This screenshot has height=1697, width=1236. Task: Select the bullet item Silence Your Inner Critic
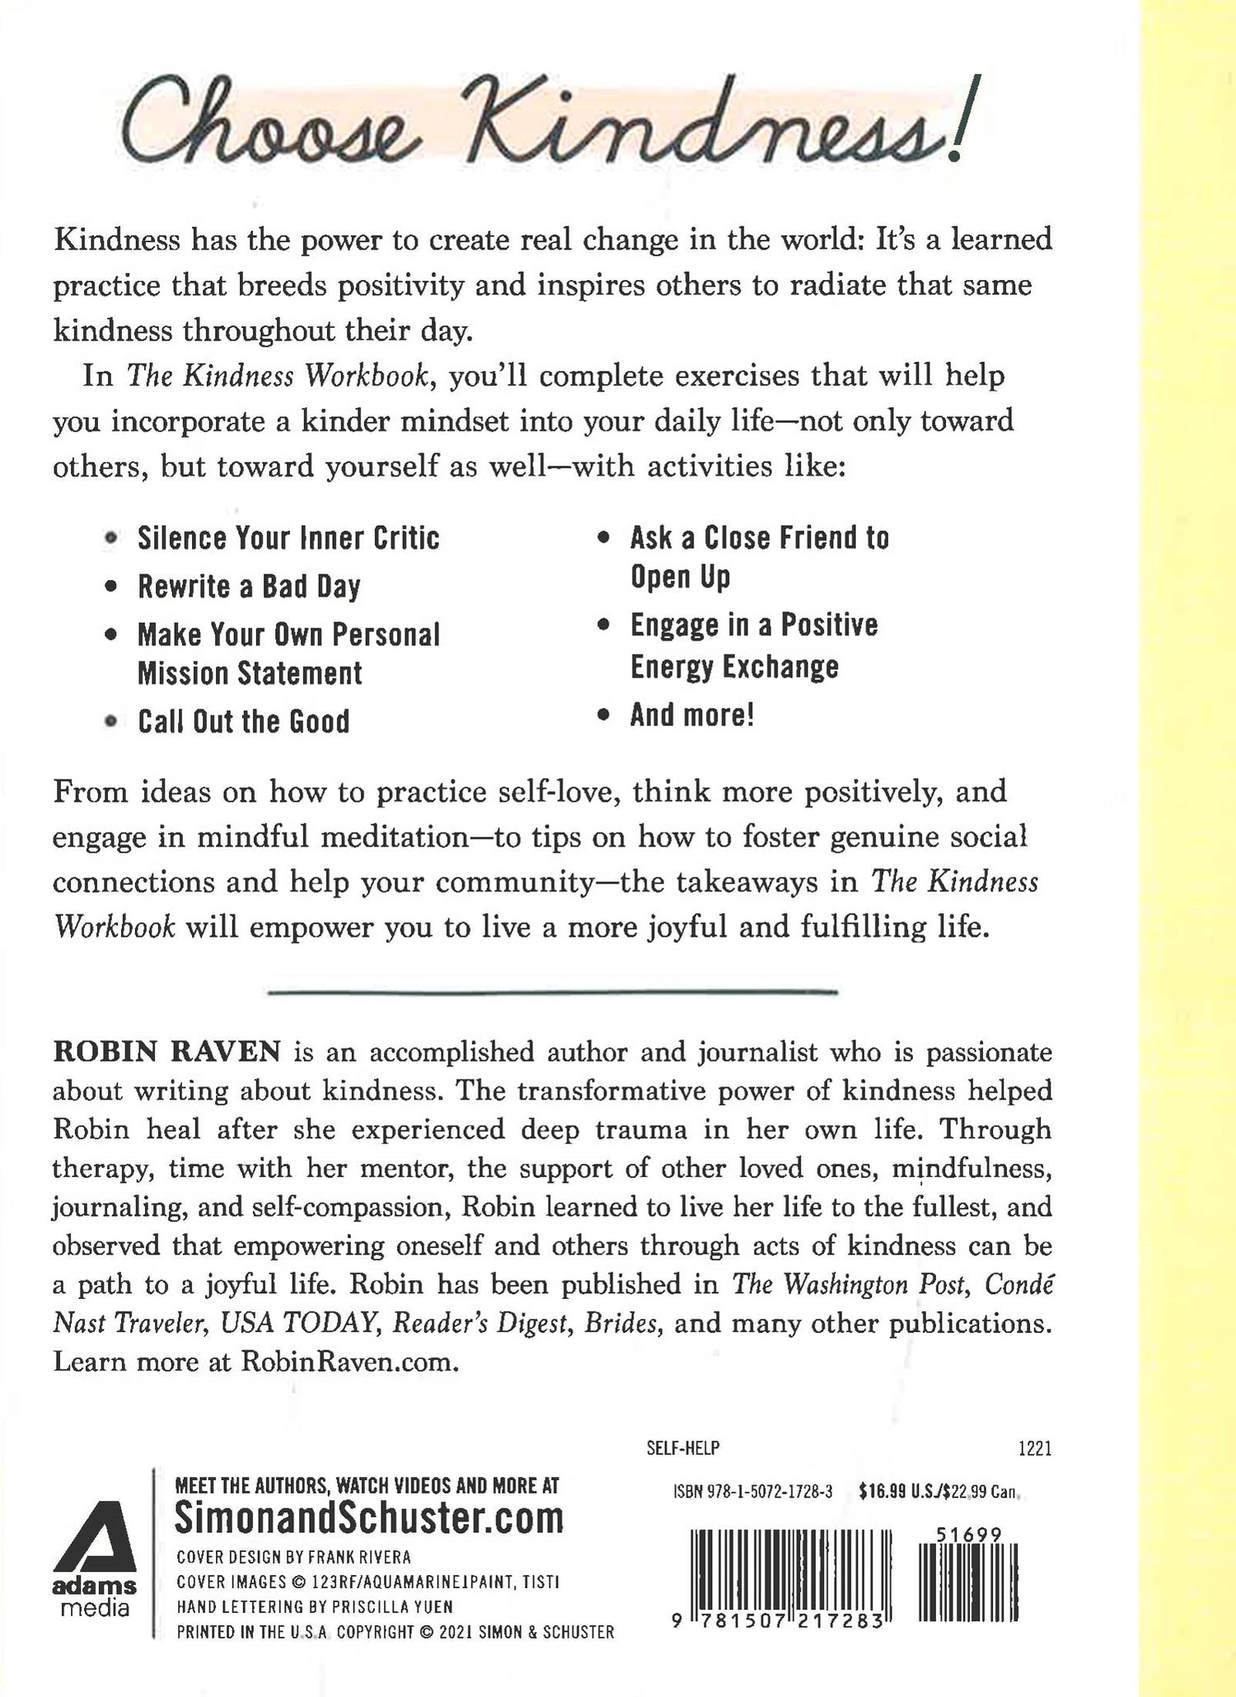(x=288, y=538)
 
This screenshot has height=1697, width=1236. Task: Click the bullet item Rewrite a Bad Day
(x=249, y=587)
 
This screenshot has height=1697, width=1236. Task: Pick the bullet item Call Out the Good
(x=244, y=722)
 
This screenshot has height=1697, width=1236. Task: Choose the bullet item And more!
(x=692, y=715)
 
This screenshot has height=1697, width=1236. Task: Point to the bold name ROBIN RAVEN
(x=167, y=1052)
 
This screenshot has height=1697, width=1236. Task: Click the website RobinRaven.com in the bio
(x=349, y=1362)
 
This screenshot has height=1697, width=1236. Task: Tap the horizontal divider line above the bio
(x=553, y=991)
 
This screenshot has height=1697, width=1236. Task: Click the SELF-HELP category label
(x=683, y=1448)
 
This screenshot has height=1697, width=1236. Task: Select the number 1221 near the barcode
(x=1035, y=1448)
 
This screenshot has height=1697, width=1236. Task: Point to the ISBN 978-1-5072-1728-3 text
(x=752, y=1491)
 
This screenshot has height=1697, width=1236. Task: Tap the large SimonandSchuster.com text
(x=369, y=1519)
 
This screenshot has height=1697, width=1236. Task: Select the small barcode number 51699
(x=969, y=1535)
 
